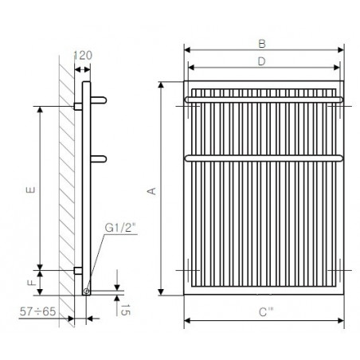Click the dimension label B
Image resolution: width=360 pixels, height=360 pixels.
point(262,44)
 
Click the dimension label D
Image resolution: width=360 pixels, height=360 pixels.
point(261,61)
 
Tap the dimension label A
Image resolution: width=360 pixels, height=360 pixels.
point(151,191)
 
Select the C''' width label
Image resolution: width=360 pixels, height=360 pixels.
point(266,312)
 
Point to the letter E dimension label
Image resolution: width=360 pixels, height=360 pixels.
point(30,190)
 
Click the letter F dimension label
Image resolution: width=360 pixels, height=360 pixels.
point(32,282)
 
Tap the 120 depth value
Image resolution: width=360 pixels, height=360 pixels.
point(83,56)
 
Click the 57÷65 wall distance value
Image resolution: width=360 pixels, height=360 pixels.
point(37,311)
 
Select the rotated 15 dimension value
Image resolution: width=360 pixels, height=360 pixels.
point(126,310)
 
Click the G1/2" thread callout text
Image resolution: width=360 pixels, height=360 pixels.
point(120,228)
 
